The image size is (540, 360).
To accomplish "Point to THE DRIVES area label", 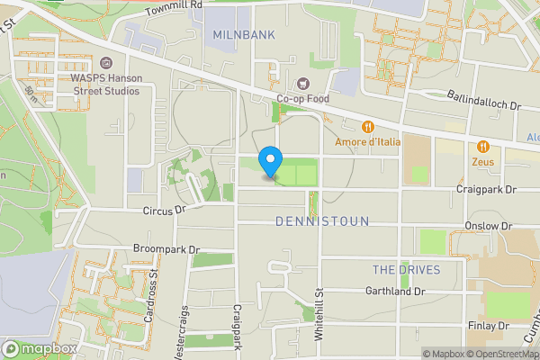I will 407,270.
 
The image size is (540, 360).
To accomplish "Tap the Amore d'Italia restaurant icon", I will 368,126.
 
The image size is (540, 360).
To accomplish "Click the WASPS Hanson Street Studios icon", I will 106,63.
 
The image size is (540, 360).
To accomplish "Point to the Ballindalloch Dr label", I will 484,100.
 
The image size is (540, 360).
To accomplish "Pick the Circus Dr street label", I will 163,209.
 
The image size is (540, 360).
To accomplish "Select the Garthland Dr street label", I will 395,292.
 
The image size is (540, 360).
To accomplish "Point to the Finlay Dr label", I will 490,326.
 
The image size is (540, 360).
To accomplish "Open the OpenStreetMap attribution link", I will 507,354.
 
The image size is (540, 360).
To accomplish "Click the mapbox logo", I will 40,348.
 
